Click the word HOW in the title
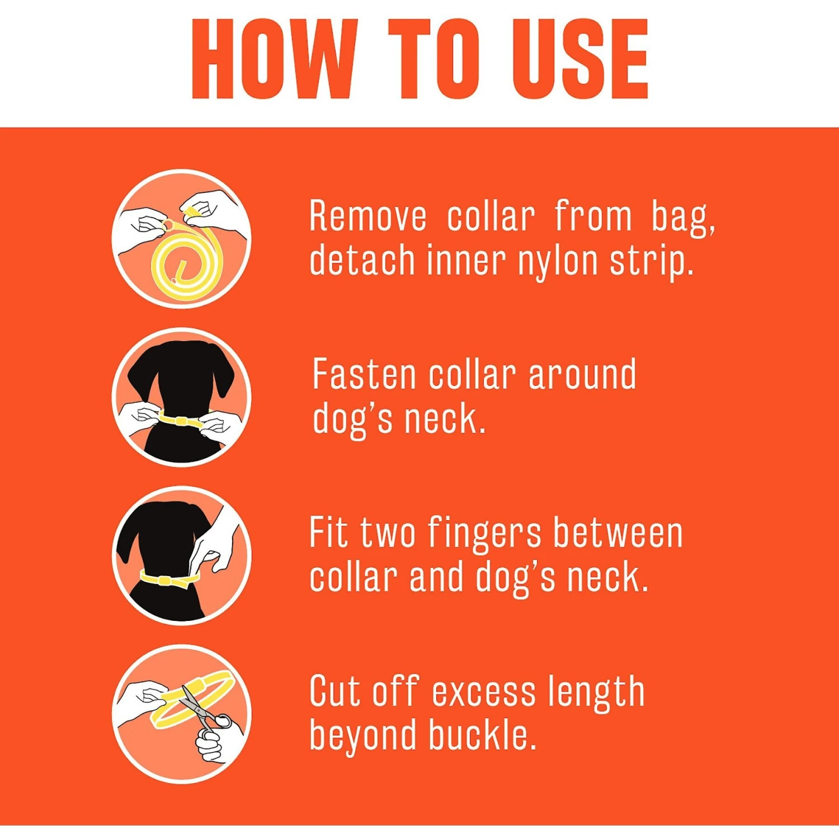[274, 59]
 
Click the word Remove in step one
[367, 216]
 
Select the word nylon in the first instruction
[557, 261]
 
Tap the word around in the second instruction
[582, 374]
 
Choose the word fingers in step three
[485, 533]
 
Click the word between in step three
[618, 533]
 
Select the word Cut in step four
[335, 691]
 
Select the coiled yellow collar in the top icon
[182, 263]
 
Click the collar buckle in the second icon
[180, 420]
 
